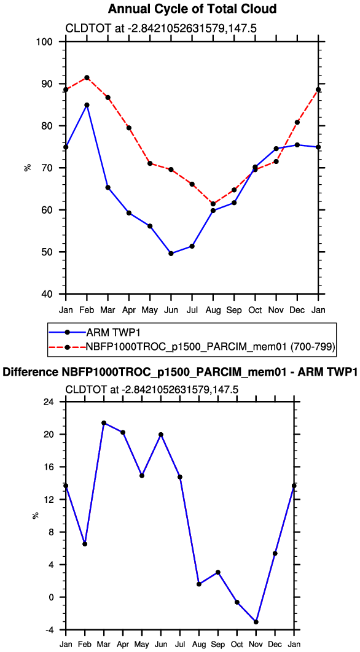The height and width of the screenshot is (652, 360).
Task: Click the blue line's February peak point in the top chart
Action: point(87,105)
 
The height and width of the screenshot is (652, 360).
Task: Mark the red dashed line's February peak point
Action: point(87,77)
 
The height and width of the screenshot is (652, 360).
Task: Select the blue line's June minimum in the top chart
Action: point(171,253)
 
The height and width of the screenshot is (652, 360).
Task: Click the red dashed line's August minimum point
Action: point(213,204)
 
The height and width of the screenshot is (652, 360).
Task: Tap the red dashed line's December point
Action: point(297,122)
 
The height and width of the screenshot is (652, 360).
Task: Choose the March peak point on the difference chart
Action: point(104,423)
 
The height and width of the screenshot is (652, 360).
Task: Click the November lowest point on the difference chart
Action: point(256,622)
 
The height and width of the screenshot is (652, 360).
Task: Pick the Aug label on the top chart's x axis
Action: point(213,311)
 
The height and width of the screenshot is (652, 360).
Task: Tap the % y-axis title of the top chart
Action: point(28,168)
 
